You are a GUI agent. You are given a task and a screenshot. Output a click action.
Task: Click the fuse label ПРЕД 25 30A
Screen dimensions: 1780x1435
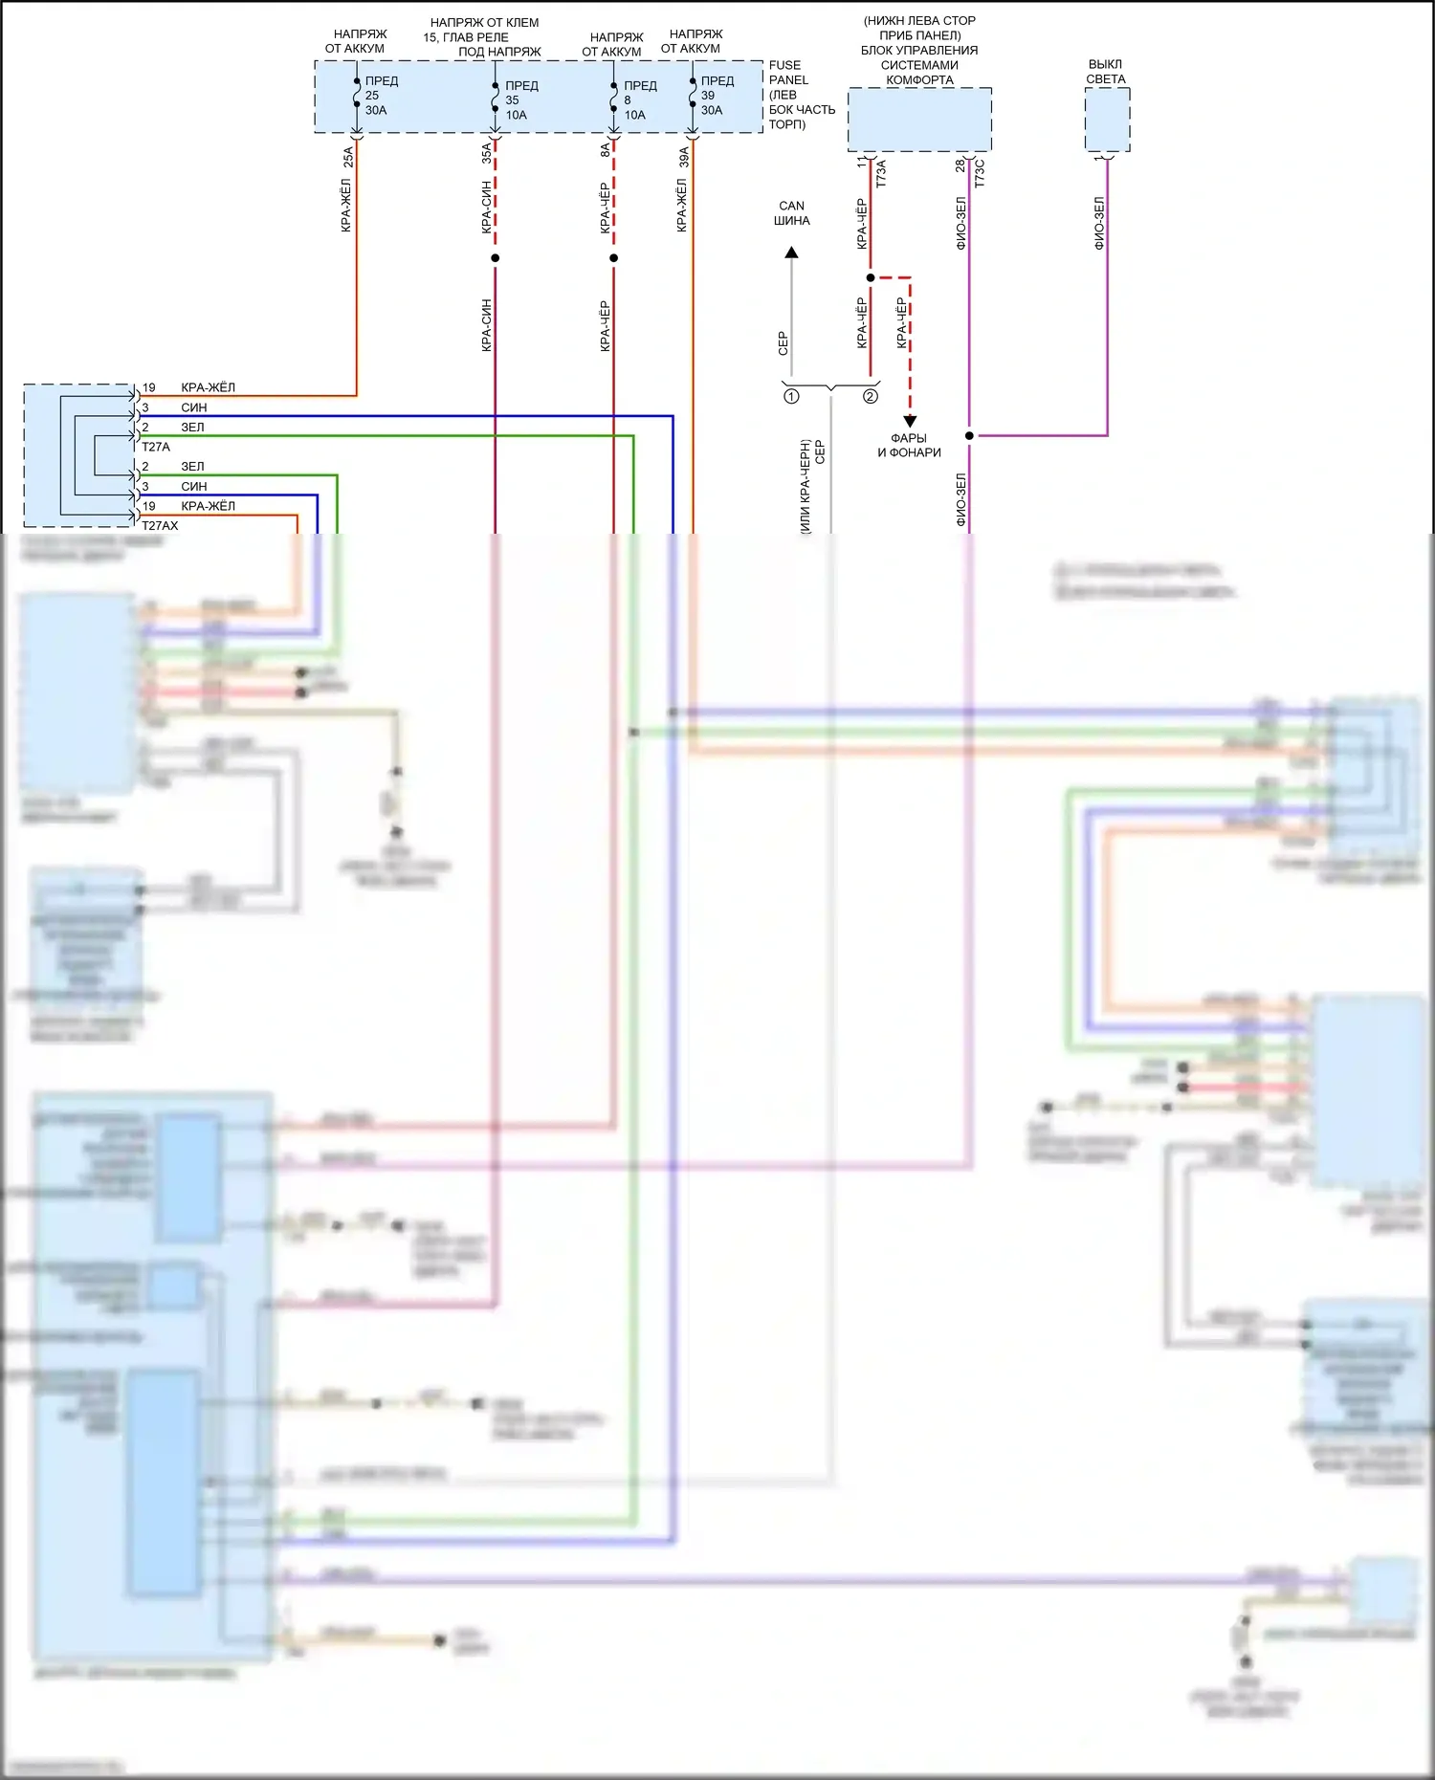pos(380,96)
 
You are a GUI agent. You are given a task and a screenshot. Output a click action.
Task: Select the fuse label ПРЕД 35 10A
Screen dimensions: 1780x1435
pos(519,100)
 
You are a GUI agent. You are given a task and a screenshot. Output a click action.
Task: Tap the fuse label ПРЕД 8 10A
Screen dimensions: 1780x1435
pos(638,100)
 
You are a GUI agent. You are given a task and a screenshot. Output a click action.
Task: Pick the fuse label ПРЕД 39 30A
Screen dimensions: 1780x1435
pos(716,96)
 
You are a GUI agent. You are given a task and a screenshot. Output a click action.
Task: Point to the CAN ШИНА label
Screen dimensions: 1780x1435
pos(792,213)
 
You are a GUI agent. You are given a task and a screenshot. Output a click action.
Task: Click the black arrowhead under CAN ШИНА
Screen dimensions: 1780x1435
pos(792,253)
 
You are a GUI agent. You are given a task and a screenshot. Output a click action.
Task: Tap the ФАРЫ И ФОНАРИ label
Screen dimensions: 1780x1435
pos(909,446)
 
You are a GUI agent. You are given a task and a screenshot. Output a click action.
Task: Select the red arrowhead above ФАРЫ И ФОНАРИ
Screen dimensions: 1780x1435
pos(910,421)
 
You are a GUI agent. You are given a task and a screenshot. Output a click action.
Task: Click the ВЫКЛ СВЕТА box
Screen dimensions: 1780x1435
pos(1107,120)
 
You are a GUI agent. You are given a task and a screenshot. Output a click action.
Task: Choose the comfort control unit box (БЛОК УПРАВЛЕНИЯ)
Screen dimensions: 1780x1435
pos(919,120)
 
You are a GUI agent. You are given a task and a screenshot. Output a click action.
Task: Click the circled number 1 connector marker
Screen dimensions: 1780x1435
pos(791,396)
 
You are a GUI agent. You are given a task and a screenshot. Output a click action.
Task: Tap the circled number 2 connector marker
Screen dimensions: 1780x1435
pos(871,396)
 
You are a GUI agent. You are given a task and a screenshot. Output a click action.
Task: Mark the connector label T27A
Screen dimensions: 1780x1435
pos(156,447)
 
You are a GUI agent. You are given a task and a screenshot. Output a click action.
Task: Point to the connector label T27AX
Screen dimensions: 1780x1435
pos(160,526)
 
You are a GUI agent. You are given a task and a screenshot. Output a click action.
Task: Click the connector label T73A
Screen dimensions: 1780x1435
pos(881,173)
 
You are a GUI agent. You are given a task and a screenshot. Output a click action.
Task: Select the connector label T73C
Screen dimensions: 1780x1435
pos(980,173)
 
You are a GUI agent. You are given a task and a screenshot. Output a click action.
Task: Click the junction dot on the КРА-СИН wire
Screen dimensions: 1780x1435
pos(495,258)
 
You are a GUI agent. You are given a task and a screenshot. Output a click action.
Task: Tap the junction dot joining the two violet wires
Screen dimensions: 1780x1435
pos(969,436)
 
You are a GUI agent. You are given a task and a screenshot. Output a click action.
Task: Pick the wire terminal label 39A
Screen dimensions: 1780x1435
pos(684,157)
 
